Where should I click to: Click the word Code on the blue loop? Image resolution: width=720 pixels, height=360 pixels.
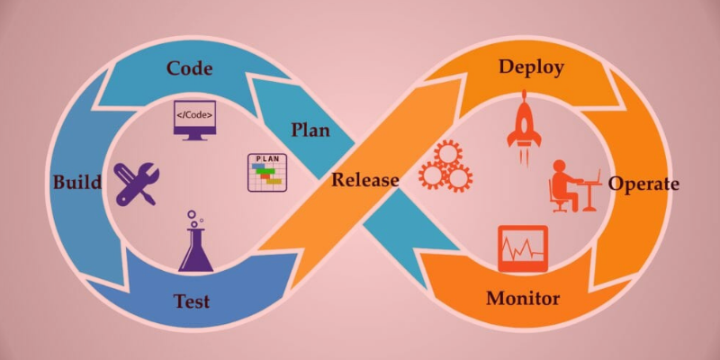(x=190, y=68)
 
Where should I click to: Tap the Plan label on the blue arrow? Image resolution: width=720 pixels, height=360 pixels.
(x=310, y=130)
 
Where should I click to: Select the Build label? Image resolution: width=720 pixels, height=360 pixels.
(x=77, y=183)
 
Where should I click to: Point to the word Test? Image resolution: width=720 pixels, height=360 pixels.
(x=192, y=301)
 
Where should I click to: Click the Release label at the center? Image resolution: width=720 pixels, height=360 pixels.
(x=365, y=179)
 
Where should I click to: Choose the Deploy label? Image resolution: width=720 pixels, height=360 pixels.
(x=531, y=67)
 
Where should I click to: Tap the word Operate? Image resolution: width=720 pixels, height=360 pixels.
(x=643, y=184)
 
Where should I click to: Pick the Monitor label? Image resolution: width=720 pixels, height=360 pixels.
(x=523, y=299)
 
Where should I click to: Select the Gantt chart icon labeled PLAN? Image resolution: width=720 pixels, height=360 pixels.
(x=267, y=173)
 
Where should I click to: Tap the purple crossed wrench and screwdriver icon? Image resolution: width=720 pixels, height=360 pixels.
(x=137, y=184)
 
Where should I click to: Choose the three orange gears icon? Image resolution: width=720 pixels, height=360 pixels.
(x=445, y=166)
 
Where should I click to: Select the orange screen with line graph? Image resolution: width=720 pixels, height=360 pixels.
(x=523, y=248)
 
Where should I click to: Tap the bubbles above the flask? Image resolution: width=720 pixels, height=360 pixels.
(x=195, y=219)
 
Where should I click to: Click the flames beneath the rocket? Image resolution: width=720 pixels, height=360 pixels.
(x=524, y=156)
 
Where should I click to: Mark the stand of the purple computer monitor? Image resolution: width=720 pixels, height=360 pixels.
(x=194, y=137)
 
